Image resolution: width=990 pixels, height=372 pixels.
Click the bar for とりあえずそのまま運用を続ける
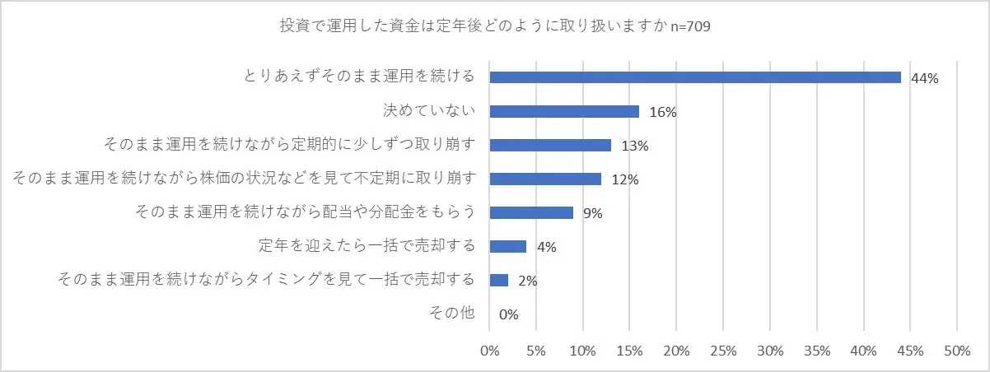click(695, 77)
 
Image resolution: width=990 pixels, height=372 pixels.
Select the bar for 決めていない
click(564, 111)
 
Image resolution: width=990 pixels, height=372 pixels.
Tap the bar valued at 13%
click(550, 145)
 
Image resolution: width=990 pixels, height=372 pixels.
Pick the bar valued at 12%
click(545, 179)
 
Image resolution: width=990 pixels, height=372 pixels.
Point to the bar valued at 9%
click(531, 212)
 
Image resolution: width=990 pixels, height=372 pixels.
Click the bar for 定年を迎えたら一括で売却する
click(508, 246)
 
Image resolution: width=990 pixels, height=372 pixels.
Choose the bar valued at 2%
click(499, 280)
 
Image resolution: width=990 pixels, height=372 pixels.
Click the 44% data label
click(925, 78)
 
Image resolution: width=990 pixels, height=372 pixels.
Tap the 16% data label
click(663, 112)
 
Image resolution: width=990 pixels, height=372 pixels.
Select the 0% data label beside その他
click(508, 314)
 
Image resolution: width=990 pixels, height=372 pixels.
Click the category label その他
click(452, 313)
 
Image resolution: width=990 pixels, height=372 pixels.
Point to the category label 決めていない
click(430, 110)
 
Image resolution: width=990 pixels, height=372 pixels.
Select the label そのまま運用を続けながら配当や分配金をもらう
click(305, 212)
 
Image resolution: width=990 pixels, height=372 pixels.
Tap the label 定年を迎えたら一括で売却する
click(367, 246)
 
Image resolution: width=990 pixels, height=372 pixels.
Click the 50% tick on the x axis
click(956, 351)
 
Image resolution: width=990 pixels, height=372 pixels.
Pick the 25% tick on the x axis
click(722, 351)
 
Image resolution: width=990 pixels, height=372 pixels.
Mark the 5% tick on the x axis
click(536, 351)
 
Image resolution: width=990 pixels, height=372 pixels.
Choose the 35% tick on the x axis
click(816, 351)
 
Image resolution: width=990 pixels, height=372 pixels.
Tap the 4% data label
click(546, 247)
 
